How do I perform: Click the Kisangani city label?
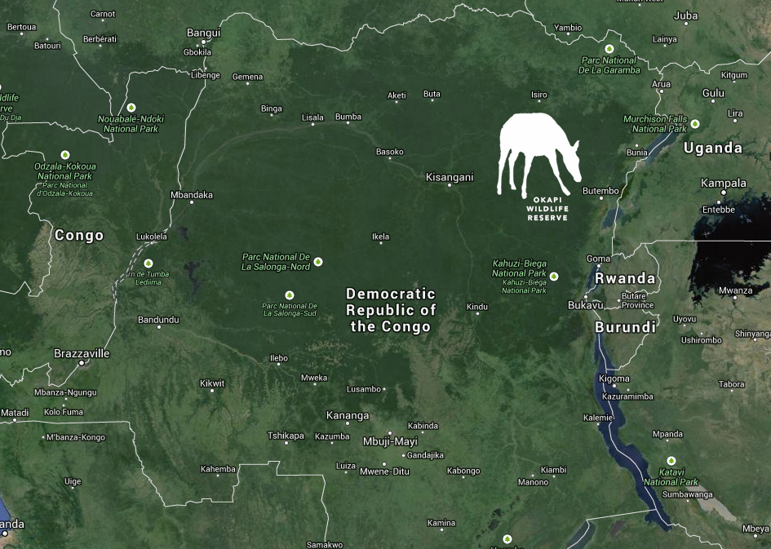click(x=450, y=176)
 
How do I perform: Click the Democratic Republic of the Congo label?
click(x=391, y=310)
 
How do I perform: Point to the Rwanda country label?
click(x=625, y=278)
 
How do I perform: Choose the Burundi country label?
click(x=625, y=327)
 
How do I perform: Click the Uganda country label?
click(x=712, y=148)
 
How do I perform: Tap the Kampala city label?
click(x=724, y=183)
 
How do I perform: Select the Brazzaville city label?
click(x=82, y=353)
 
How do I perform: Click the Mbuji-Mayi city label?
click(x=390, y=441)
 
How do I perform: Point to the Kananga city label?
click(x=348, y=415)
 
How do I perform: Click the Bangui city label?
click(x=204, y=33)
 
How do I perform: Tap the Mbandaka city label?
click(x=191, y=195)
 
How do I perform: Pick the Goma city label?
click(x=598, y=259)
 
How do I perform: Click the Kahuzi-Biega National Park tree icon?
click(x=554, y=276)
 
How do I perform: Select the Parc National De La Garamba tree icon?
click(x=609, y=49)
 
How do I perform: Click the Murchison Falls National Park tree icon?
click(x=694, y=124)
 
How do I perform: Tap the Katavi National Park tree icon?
click(x=671, y=461)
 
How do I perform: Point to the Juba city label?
click(x=686, y=15)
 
